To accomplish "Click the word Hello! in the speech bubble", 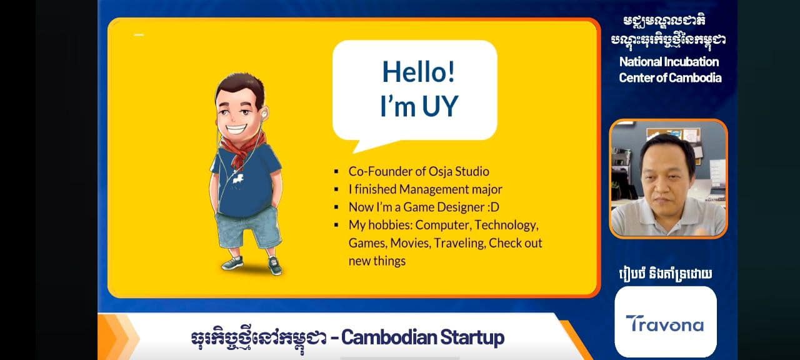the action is click(419, 72).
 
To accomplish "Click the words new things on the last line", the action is click(377, 261).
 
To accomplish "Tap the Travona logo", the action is click(665, 324).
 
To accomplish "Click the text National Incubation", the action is click(669, 62).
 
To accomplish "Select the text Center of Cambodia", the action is click(670, 78).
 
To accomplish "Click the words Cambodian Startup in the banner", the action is click(423, 337).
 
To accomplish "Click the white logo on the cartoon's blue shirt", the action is click(238, 178).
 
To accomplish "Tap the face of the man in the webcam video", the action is click(666, 182).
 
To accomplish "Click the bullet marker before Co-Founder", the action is click(336, 172).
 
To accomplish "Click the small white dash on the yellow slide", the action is click(139, 35).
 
